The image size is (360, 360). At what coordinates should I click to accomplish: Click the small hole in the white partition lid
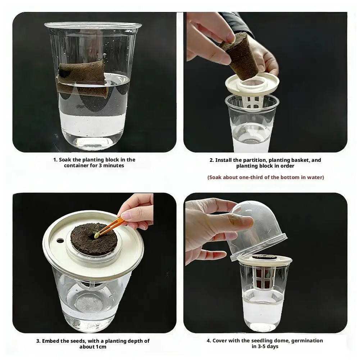pos(60,241)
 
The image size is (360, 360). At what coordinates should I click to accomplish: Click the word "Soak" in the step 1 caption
pos(65,160)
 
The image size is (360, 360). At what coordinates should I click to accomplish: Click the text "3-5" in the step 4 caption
pos(262,346)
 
